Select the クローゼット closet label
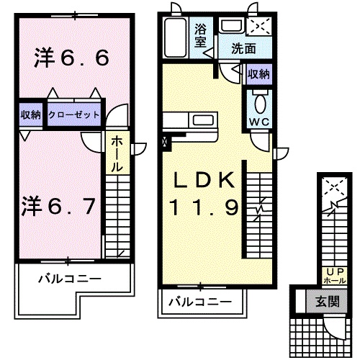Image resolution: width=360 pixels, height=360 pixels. point(74,114)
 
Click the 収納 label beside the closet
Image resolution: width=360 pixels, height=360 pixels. point(30,114)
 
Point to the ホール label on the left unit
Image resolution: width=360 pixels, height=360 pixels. point(116,153)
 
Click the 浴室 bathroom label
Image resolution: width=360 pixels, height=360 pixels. point(201,36)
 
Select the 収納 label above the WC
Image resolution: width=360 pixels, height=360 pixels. point(258,74)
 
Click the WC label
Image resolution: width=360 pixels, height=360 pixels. point(258,120)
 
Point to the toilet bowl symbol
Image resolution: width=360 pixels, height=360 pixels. point(259,99)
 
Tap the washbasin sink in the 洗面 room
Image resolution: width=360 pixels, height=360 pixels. point(232,27)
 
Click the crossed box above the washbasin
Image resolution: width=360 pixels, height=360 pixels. point(257,27)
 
